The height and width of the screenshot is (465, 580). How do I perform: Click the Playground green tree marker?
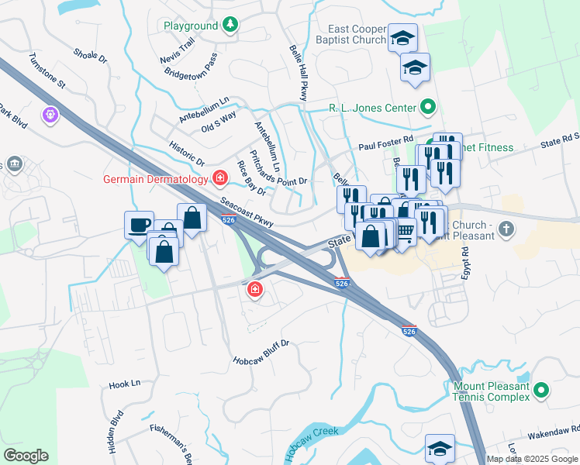[x=230, y=26]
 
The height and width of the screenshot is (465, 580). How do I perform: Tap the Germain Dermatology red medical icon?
[x=220, y=179]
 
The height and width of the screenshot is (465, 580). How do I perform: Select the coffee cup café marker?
[x=139, y=225]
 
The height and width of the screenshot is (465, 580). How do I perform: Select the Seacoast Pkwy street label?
[x=246, y=212]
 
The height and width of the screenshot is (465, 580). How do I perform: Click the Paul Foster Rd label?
[x=383, y=146]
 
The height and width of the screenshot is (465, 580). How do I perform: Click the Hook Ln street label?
[x=124, y=384]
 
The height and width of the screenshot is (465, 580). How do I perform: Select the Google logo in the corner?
[x=26, y=456]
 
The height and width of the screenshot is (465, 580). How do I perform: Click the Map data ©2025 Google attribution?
[x=533, y=459]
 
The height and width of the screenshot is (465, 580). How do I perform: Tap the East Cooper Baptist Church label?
[x=351, y=33]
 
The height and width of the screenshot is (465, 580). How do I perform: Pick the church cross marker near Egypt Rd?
[x=506, y=229]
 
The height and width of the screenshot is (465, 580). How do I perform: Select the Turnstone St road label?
[x=47, y=71]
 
